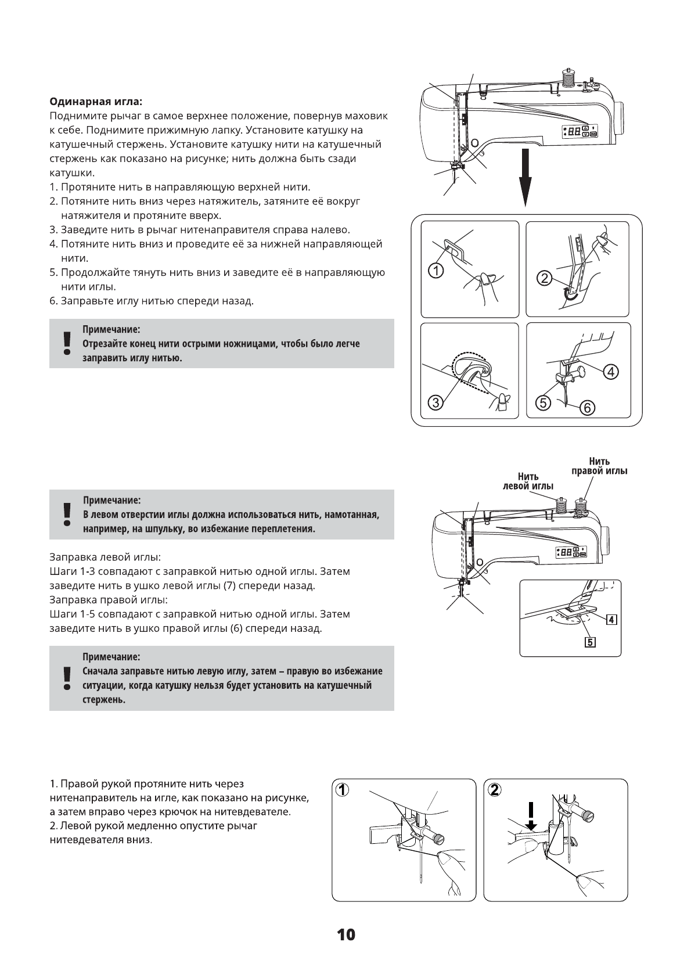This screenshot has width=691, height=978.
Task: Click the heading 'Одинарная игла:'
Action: [95, 102]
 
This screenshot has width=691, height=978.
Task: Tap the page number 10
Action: [345, 935]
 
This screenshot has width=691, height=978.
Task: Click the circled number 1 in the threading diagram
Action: [436, 269]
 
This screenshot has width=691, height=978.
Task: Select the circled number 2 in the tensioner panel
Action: [544, 278]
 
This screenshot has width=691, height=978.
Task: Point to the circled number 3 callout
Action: [436, 401]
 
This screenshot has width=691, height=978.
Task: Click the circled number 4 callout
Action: [610, 372]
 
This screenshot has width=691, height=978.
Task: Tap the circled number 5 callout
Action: [542, 402]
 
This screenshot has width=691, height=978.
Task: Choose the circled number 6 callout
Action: [586, 408]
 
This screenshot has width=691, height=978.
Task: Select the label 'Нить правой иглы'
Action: [599, 466]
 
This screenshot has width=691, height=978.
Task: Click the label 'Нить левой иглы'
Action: [528, 481]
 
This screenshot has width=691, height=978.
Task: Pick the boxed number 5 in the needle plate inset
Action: [590, 642]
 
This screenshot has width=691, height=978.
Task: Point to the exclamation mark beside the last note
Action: [67, 678]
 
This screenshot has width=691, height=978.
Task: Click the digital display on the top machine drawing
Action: [574, 132]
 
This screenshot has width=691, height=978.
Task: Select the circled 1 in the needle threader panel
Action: [343, 789]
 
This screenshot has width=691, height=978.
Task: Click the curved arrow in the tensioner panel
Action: [571, 296]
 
